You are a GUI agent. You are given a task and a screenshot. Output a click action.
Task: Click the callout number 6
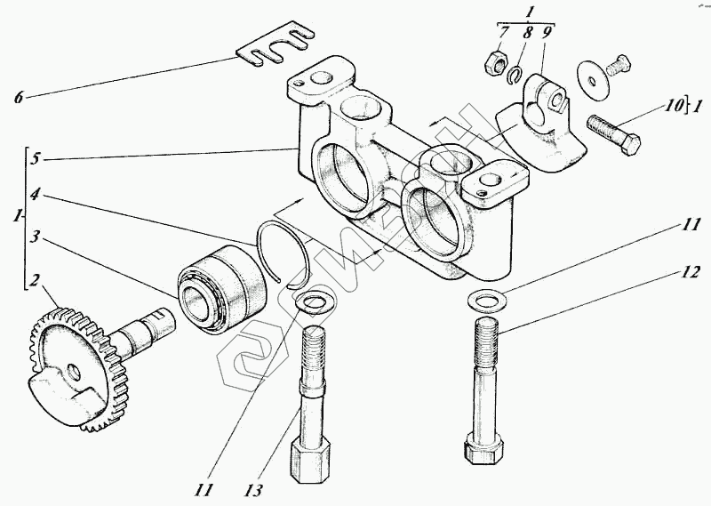[18, 97]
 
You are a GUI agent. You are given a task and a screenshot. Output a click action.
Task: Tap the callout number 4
[33, 193]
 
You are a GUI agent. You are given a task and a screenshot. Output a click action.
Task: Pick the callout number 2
[33, 282]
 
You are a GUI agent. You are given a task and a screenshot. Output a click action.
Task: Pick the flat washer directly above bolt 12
[486, 300]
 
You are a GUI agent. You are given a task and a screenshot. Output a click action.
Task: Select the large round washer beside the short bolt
[592, 76]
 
